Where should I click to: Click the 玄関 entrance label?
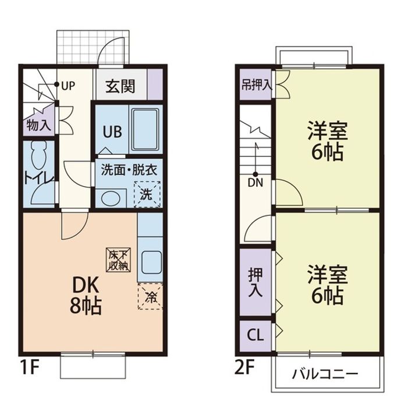(x=120, y=87)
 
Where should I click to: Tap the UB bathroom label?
(x=112, y=131)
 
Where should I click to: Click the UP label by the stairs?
(x=68, y=86)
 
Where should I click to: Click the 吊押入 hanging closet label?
(x=255, y=84)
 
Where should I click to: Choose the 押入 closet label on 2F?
(x=255, y=282)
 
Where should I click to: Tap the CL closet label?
(x=255, y=335)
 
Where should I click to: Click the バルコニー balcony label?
(x=325, y=374)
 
